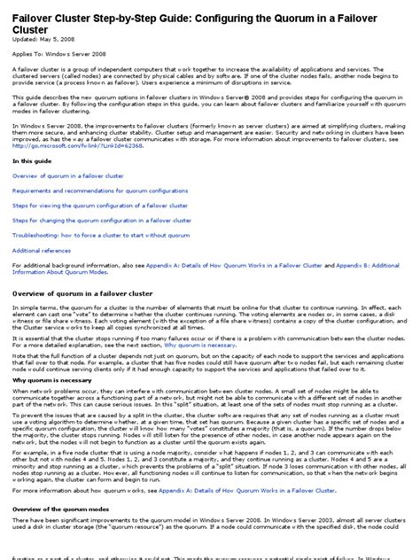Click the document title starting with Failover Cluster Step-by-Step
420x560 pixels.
[x=204, y=17]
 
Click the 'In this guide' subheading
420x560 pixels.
[x=31, y=161]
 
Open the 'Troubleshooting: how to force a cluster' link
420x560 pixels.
[x=107, y=235]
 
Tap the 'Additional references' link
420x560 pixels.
[x=44, y=251]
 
